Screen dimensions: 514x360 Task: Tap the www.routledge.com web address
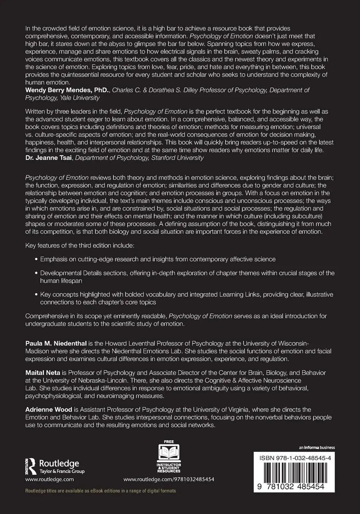pos(50,479)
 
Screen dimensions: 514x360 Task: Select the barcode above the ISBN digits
pos(294,473)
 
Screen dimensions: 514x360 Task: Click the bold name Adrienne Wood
pos(48,409)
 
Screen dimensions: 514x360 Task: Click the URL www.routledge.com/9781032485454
pos(169,479)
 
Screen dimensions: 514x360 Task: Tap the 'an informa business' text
pos(317,448)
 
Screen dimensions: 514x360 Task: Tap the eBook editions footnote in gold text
pos(100,491)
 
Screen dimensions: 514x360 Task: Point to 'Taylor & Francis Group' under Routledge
pos(62,471)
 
